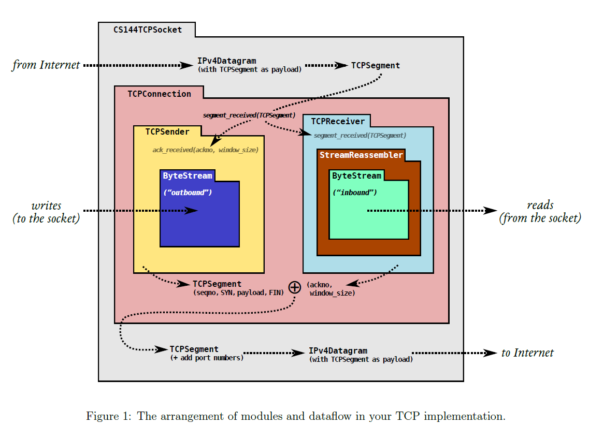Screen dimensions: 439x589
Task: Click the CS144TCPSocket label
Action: [148, 30]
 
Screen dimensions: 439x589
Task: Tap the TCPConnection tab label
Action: [159, 94]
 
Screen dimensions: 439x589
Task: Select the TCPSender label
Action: [167, 131]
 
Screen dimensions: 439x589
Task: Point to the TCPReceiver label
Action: [338, 122]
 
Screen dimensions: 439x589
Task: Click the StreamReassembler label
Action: [361, 155]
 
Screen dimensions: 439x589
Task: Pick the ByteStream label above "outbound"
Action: [188, 176]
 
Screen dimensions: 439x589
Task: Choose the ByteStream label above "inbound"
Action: [356, 176]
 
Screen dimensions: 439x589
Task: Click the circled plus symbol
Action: [294, 287]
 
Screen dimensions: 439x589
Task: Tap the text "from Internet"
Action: [46, 65]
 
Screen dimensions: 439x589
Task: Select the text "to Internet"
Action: [527, 353]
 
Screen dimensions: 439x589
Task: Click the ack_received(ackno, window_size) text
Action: [205, 150]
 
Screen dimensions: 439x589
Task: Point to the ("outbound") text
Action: [188, 193]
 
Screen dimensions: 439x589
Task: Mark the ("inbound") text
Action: [355, 193]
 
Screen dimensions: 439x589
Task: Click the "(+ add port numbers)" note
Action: [207, 358]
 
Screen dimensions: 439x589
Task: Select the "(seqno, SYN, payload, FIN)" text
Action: [238, 293]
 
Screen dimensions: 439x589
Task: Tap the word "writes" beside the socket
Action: [46, 206]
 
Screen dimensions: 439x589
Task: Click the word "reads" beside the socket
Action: [540, 206]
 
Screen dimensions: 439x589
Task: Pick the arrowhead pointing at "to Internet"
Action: [490, 353]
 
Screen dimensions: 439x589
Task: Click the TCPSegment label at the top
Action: [376, 66]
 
